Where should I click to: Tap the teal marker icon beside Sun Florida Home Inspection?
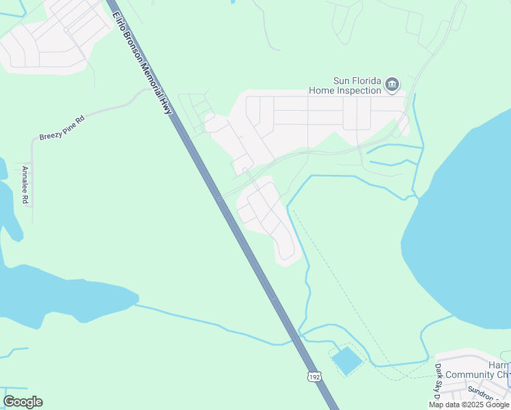[392, 85]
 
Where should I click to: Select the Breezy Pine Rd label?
[61, 128]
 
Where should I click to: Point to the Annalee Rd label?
[25, 184]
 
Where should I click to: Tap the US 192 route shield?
[314, 377]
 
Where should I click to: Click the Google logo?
[23, 402]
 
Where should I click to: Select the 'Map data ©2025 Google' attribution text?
[469, 405]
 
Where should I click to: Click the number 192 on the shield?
[314, 377]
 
